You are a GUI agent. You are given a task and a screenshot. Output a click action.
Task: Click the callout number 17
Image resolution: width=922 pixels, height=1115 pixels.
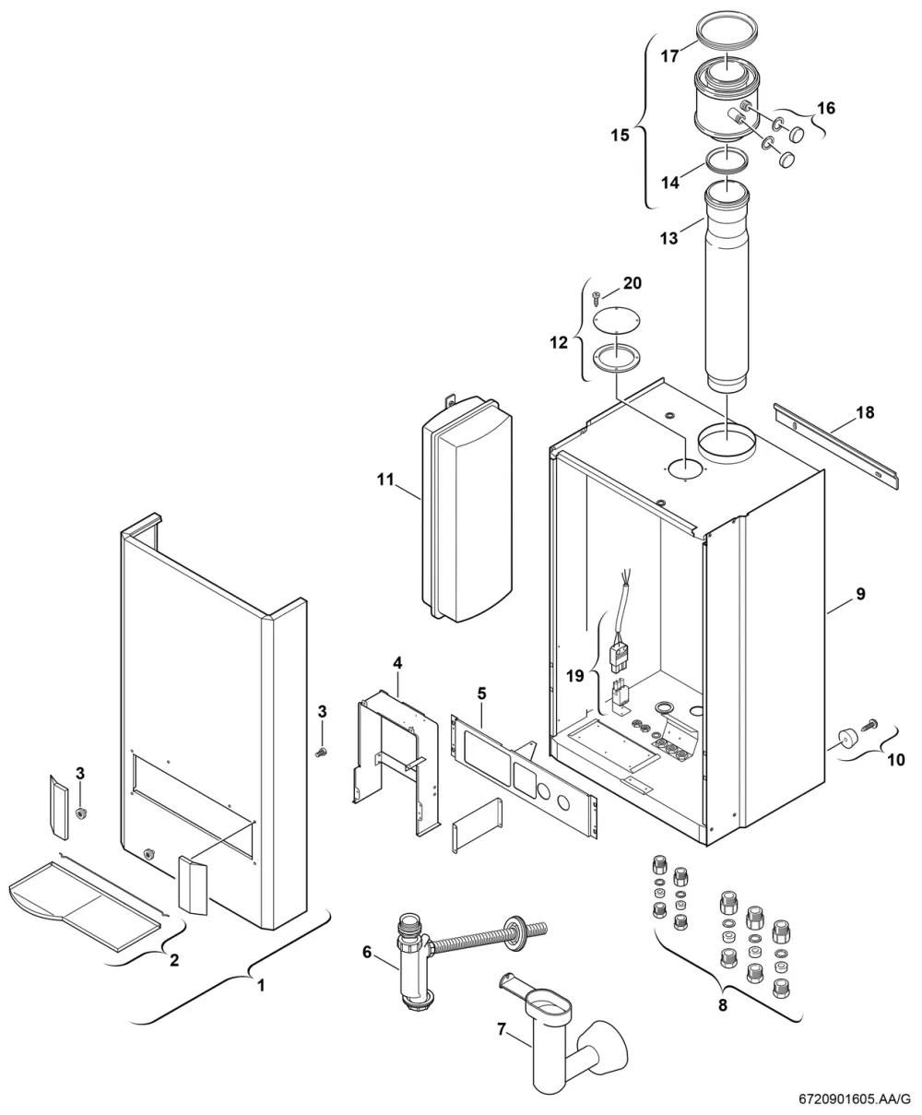[x=669, y=55]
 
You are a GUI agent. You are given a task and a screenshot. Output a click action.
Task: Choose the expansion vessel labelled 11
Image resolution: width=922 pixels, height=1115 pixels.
[x=467, y=508]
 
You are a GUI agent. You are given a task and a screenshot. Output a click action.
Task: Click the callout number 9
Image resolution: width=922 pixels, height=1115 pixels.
[x=860, y=593]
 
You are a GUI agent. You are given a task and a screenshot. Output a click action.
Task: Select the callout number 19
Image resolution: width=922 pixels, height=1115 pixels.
[x=575, y=676]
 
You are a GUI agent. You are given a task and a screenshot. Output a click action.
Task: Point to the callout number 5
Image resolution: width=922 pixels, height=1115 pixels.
[x=481, y=694]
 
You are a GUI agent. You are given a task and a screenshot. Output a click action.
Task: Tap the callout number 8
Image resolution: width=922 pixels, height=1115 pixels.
[x=722, y=1005]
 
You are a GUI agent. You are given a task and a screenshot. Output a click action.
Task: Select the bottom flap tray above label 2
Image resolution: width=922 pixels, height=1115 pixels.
[x=86, y=904]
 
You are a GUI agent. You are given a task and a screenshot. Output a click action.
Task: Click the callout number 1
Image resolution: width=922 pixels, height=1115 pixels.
[x=261, y=985]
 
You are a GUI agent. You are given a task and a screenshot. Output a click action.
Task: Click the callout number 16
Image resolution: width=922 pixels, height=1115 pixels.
[x=826, y=109]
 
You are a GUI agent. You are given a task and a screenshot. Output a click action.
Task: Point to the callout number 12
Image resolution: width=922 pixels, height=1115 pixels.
[x=559, y=342]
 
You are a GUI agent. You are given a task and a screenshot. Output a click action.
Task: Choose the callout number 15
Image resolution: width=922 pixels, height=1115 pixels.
[x=620, y=135]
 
